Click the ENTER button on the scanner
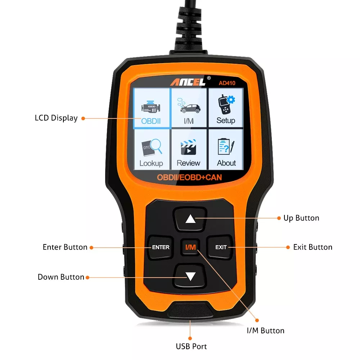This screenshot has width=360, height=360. click(161, 247)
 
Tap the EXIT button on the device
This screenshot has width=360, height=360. click(221, 247)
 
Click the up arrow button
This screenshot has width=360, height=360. click(190, 219)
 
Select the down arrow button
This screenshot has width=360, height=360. click(190, 276)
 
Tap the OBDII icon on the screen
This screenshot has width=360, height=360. click(152, 108)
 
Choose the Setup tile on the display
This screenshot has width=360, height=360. click(226, 108)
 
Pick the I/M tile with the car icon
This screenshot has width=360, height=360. click(189, 108)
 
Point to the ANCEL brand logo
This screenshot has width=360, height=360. click(188, 82)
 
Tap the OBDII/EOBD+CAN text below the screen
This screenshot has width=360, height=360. click(189, 177)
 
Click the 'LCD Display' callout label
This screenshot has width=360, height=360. click(56, 118)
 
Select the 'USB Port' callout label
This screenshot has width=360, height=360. click(191, 347)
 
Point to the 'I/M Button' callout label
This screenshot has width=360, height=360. click(265, 330)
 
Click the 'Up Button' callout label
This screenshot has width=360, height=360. click(301, 218)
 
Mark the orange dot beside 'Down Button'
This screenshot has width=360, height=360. click(87, 277)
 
